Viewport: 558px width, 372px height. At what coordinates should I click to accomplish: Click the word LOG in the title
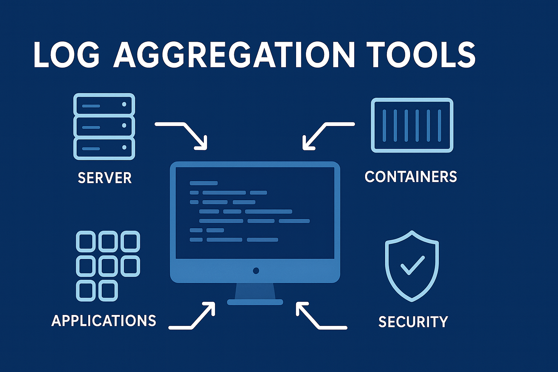click(66, 55)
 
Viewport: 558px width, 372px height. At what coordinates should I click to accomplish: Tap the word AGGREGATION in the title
click(234, 55)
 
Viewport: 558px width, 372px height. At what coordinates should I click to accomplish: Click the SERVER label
click(105, 178)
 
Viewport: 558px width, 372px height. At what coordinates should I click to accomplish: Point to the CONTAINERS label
click(411, 177)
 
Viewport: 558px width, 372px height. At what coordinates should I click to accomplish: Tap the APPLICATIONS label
click(104, 321)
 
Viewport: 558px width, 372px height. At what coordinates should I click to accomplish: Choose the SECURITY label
click(413, 322)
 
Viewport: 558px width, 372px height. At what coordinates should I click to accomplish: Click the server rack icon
click(104, 126)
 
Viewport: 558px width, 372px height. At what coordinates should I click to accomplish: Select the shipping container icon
click(412, 125)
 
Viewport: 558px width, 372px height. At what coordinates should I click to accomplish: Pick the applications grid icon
click(108, 266)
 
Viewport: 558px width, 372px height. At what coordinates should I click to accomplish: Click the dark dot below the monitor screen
click(256, 271)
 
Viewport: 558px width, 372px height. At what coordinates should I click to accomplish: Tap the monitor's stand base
click(255, 302)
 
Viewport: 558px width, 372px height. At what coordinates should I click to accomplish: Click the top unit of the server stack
click(104, 105)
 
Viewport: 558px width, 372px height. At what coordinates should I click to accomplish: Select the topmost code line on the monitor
click(203, 183)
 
